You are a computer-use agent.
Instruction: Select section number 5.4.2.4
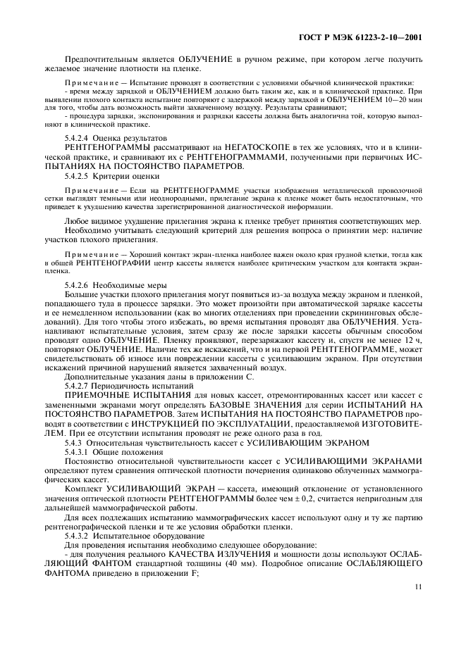[79, 137]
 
